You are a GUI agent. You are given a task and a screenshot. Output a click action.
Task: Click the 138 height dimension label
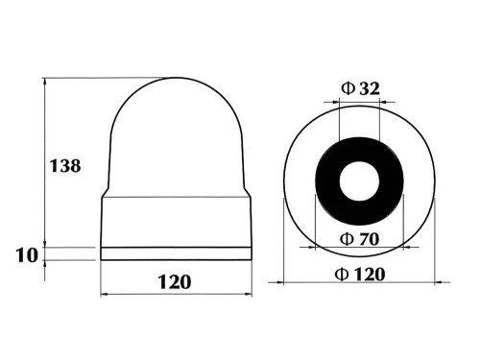tap(65, 165)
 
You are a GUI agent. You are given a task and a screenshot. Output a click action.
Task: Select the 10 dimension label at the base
tap(26, 254)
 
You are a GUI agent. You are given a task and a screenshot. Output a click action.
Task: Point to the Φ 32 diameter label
tap(360, 89)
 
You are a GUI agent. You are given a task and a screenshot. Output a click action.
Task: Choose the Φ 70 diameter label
tap(360, 238)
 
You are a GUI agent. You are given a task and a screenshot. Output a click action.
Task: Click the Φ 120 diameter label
tap(361, 274)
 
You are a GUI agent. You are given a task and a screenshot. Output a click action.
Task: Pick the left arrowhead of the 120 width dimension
tap(105, 293)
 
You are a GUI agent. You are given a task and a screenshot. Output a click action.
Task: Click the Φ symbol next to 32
tap(347, 89)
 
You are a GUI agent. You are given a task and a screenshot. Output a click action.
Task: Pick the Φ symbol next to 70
tap(347, 238)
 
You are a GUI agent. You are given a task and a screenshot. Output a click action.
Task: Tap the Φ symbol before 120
tap(343, 274)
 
